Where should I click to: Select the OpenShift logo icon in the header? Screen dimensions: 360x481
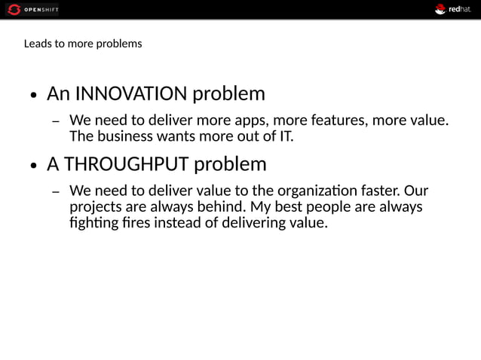[14, 9]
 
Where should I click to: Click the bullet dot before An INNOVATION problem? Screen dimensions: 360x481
[34, 96]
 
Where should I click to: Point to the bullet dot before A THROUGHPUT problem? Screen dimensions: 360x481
[34, 166]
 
